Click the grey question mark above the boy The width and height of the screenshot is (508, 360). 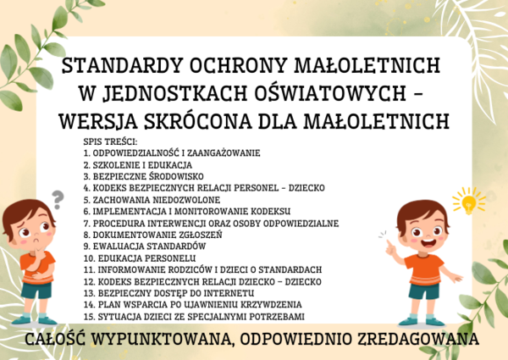tap(58, 199)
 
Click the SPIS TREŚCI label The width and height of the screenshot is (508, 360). tap(110, 140)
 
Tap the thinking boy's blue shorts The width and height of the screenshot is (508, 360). tap(36, 291)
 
